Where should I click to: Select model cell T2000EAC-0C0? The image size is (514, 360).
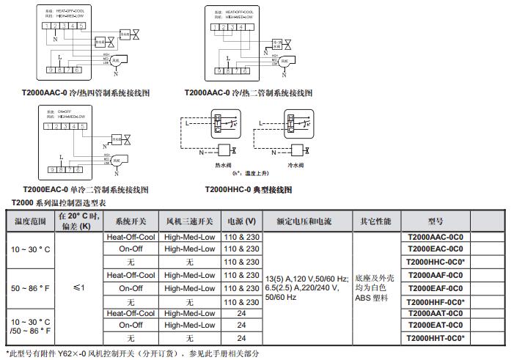435,249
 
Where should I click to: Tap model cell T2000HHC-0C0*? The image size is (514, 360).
435,262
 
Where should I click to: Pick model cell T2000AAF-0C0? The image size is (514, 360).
435,275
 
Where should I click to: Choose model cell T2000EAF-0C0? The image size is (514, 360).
435,288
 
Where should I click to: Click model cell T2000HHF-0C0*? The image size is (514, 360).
435,301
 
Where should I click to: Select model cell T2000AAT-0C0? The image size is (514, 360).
435,313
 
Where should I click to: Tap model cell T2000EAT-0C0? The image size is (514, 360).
435,325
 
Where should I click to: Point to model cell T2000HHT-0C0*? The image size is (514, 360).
435,338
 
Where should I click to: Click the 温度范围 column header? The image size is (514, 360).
30,221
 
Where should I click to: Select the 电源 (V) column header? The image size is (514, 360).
242,221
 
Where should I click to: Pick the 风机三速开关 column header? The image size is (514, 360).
189,221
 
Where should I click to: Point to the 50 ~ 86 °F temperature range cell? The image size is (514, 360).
30,287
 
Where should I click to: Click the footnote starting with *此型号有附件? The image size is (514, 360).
132,353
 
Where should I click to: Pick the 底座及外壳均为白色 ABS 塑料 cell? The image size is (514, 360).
376,287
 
